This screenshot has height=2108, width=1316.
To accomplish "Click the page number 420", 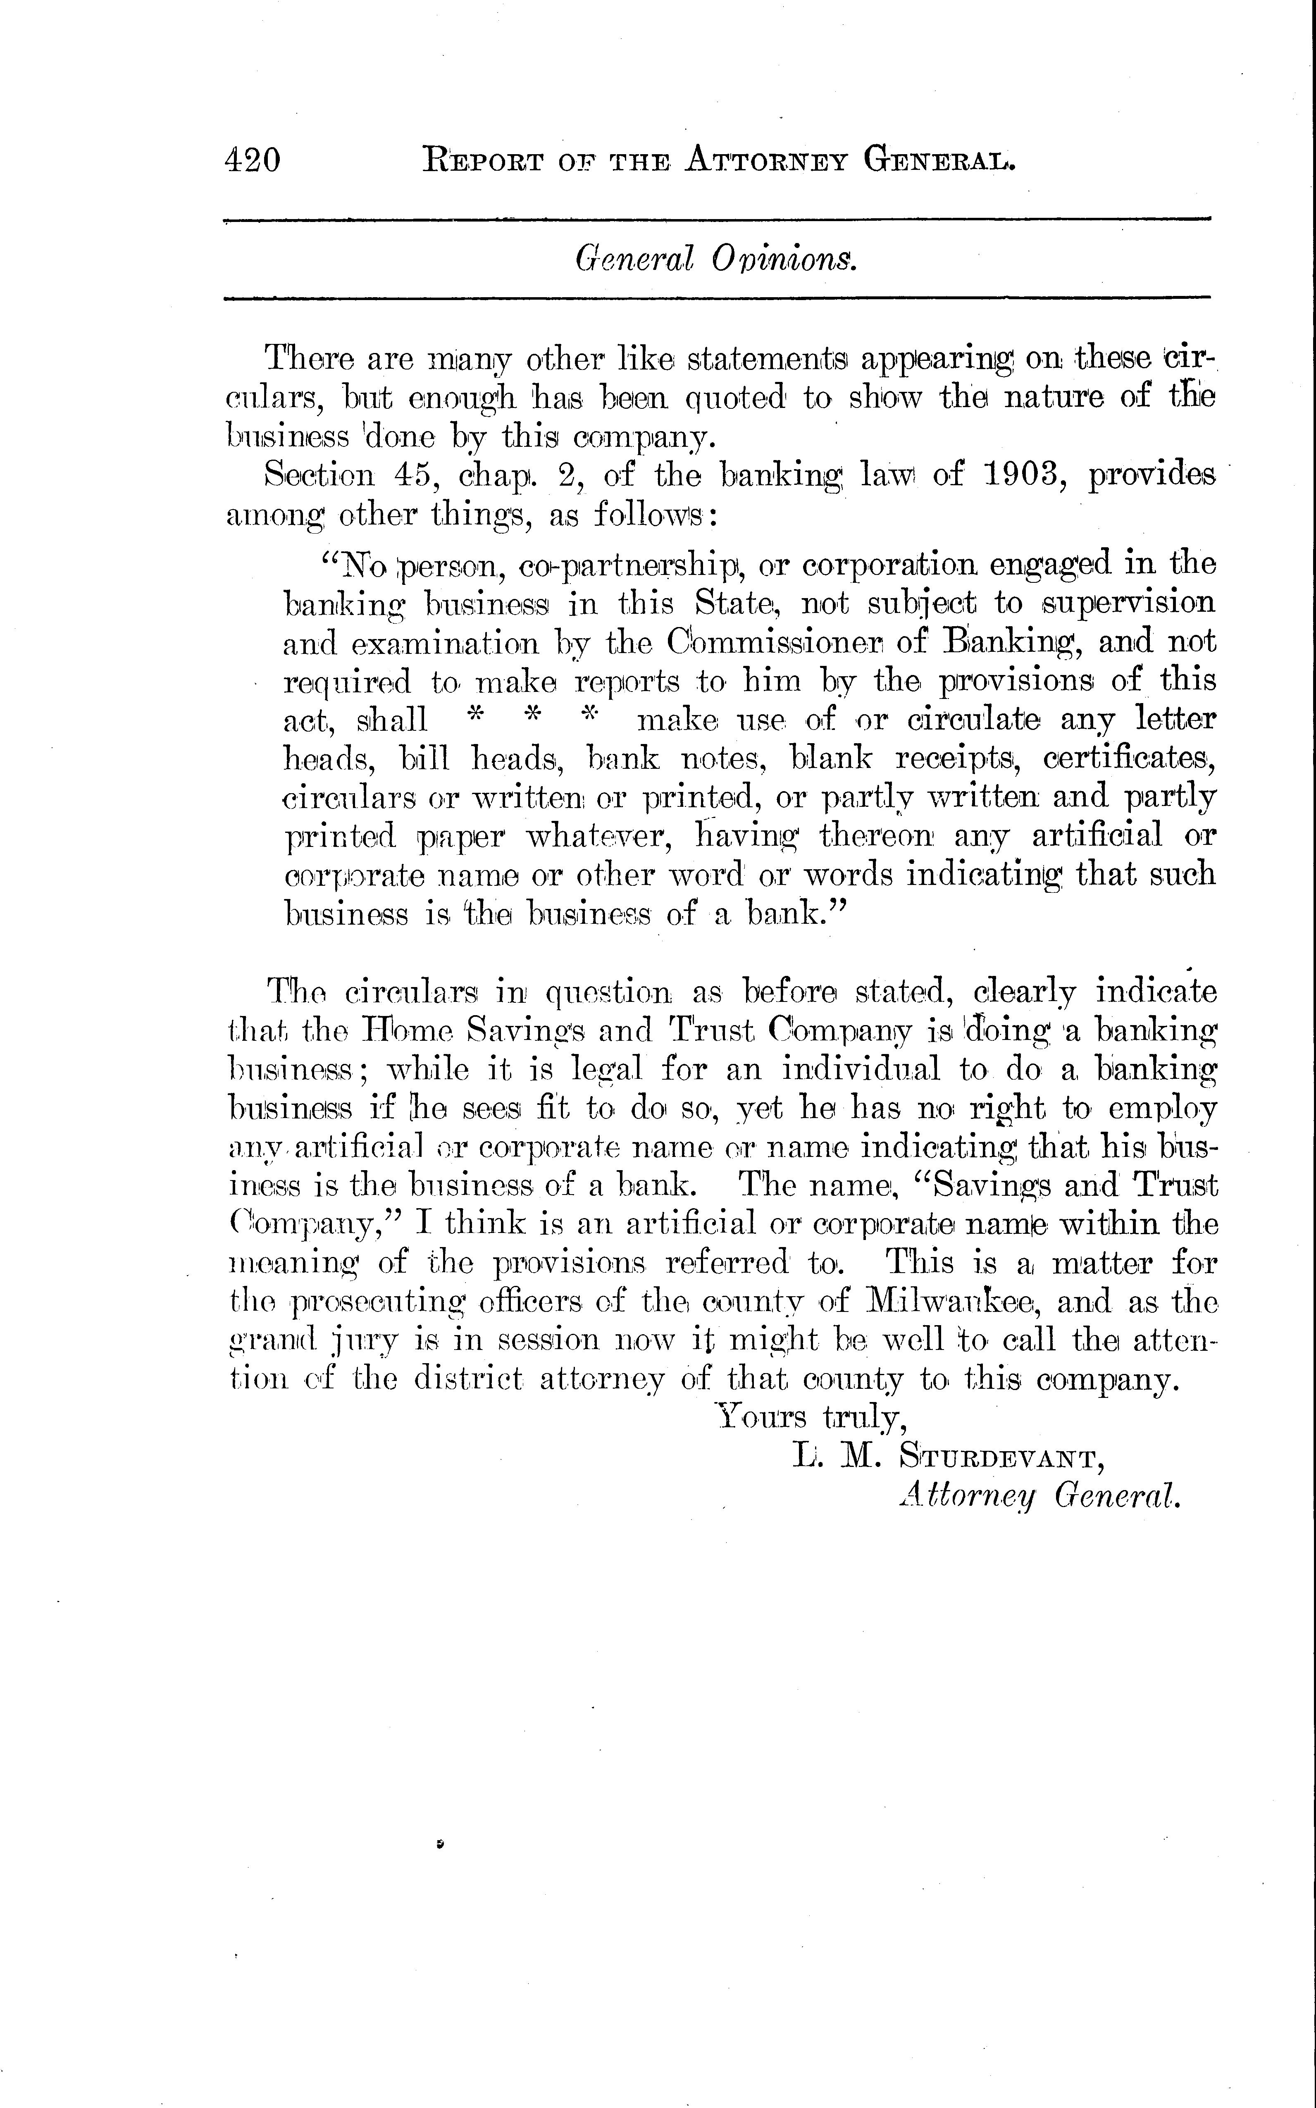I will pyautogui.click(x=253, y=161).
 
